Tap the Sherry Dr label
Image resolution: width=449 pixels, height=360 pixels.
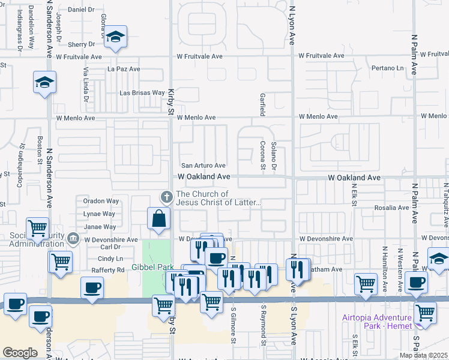tap(82, 44)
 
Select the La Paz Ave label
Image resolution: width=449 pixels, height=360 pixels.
tap(124, 69)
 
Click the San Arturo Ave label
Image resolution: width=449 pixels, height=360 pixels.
tap(203, 166)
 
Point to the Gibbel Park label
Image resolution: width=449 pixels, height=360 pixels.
tap(152, 267)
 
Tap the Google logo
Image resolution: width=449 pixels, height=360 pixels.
tap(20, 353)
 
